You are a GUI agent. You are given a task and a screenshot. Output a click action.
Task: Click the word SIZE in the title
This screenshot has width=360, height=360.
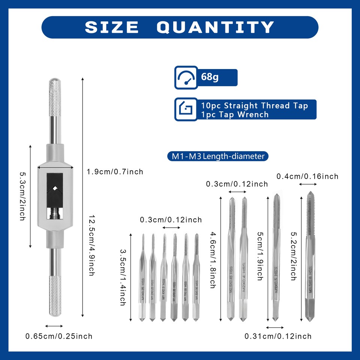tap(112, 27)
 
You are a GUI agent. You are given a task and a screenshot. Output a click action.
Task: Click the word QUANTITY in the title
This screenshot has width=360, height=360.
tap(215, 27)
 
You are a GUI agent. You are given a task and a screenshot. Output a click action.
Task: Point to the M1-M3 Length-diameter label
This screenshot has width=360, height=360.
tap(218, 156)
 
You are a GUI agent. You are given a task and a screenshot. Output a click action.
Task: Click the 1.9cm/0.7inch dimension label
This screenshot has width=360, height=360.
tap(115, 172)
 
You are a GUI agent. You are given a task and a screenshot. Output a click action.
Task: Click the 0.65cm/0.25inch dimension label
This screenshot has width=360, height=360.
tap(58, 336)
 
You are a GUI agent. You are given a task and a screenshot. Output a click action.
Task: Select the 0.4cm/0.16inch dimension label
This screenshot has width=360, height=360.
tap(307, 176)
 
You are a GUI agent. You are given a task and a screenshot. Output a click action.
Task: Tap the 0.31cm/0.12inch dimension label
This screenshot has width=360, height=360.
tap(278, 336)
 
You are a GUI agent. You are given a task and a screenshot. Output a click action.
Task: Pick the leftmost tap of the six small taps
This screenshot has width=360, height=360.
tap(143, 277)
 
